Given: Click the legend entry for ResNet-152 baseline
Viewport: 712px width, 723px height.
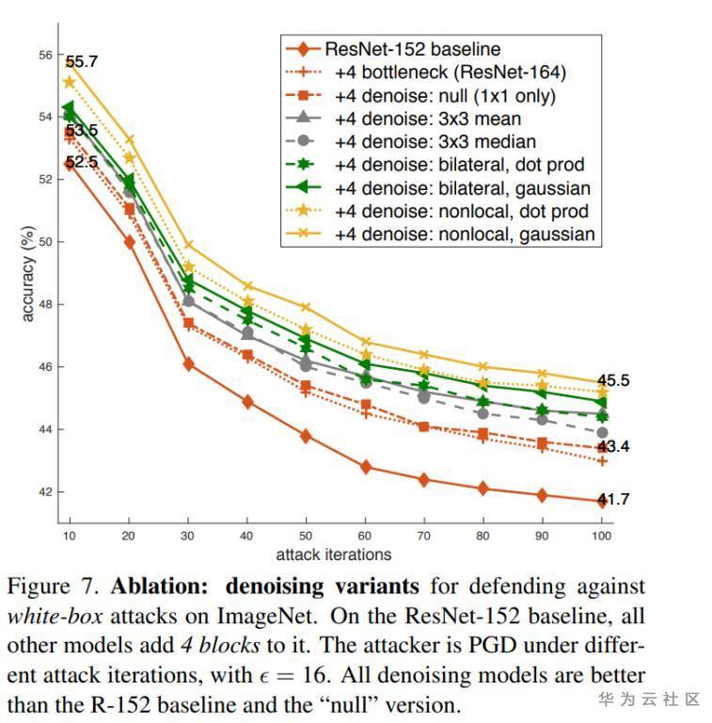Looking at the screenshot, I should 412,49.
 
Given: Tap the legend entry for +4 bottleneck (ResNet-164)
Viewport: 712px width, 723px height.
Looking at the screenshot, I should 446,72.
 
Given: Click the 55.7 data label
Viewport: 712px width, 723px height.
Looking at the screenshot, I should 81,62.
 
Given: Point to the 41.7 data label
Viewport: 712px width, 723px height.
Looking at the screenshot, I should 613,499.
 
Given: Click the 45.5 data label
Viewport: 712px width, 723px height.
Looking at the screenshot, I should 613,381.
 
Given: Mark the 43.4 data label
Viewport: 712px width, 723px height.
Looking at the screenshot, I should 613,447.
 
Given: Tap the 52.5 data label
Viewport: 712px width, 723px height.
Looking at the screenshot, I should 82,162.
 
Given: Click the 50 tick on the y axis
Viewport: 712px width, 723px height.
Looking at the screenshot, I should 45,242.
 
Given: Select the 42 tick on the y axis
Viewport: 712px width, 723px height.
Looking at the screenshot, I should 45,492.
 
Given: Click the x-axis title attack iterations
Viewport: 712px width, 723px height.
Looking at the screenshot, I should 334,554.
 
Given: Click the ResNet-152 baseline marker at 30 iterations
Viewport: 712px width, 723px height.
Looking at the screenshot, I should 189,363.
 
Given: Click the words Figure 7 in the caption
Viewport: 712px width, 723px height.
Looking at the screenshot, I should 53,587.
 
